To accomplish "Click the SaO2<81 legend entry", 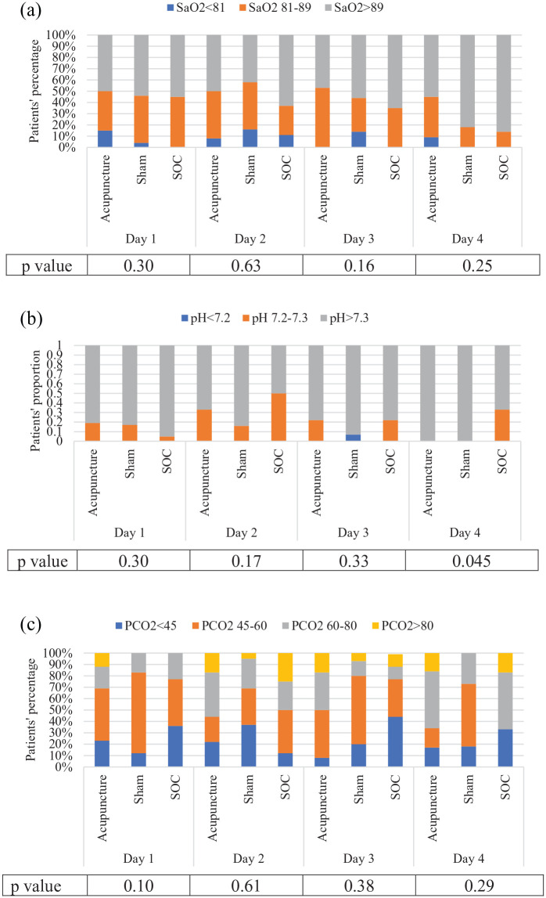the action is click(196, 8).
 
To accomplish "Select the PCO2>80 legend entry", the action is click(403, 626).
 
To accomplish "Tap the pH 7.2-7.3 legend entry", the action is click(275, 318).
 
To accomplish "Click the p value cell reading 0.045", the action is click(472, 561).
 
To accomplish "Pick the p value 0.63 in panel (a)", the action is click(246, 265).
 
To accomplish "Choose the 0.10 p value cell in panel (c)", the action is click(138, 885).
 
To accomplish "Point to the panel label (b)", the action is click(31, 319).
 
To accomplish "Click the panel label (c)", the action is click(31, 624).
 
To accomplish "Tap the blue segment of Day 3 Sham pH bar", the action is click(353, 438).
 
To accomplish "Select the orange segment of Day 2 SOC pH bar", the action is click(278, 417).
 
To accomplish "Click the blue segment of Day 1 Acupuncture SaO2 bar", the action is click(105, 139).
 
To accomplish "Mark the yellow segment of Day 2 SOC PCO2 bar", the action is click(286, 667).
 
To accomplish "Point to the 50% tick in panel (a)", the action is click(65, 92).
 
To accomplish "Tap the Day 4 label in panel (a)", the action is click(468, 239).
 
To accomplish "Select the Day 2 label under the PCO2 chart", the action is click(249, 859).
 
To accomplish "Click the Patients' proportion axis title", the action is click(36, 401).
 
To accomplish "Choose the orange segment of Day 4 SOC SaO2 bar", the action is click(504, 139).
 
